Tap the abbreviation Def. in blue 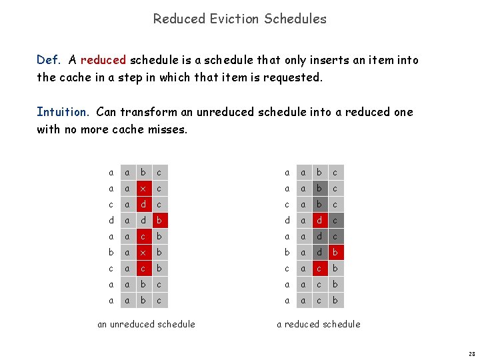[x=48, y=60]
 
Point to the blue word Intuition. [x=63, y=112]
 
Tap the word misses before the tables [x=169, y=129]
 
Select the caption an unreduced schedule [x=146, y=324]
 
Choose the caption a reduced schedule [x=319, y=324]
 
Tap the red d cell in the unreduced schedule [x=141, y=203]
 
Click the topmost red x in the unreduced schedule [x=141, y=188]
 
